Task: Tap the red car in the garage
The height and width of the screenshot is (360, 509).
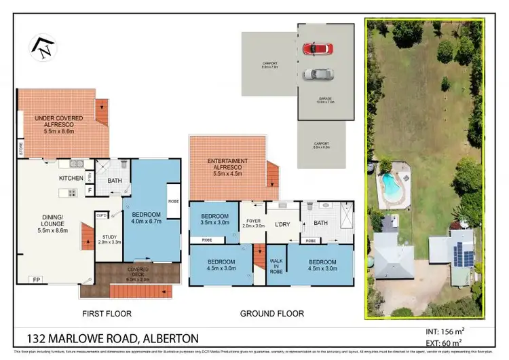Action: point(318,48)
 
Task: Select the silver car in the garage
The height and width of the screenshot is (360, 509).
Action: point(318,74)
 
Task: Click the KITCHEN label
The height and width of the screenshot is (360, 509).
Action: point(71,178)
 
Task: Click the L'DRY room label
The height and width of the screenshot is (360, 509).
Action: point(282,223)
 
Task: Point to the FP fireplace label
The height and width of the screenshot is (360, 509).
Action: point(35,279)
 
